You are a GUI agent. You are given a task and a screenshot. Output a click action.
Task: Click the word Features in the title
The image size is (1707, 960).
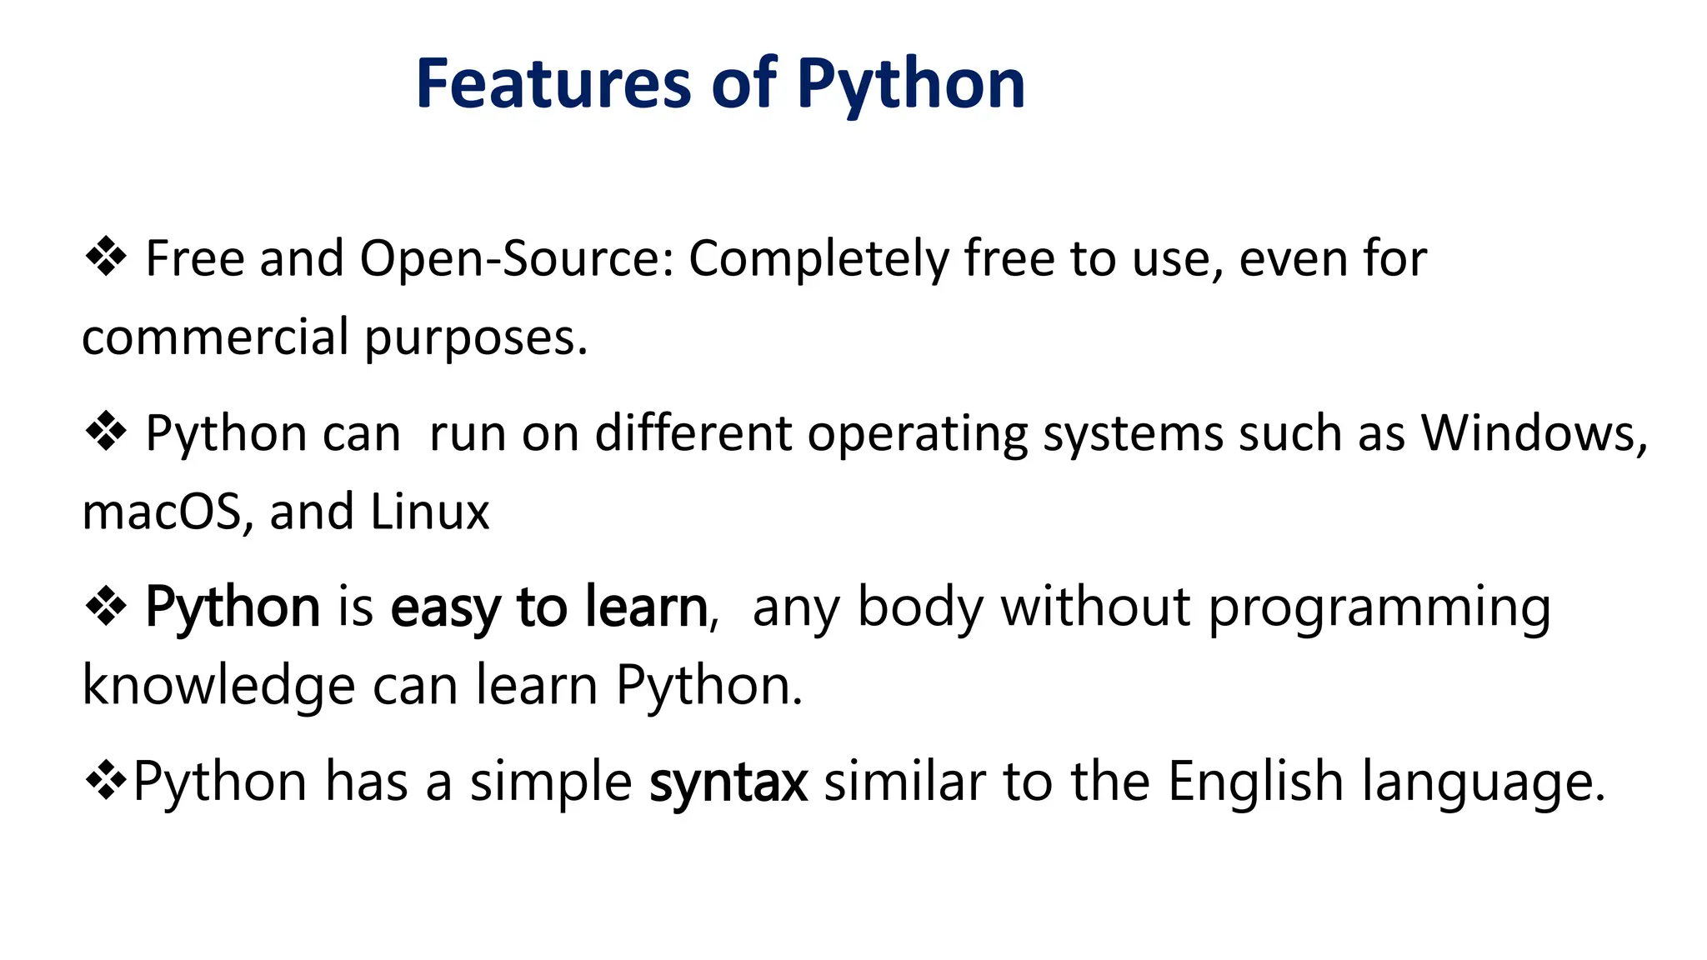553,84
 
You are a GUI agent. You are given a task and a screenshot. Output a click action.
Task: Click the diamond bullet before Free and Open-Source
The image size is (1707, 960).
106,257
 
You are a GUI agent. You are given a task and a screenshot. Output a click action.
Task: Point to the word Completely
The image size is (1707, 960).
818,259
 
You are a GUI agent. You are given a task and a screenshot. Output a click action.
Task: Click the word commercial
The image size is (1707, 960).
215,337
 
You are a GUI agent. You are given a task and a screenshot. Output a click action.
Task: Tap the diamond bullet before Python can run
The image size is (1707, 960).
106,432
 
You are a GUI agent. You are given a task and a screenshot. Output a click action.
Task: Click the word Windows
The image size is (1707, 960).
1533,433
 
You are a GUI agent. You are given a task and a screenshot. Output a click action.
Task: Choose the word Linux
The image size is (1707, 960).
429,512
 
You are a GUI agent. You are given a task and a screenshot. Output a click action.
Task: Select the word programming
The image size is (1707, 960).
1379,608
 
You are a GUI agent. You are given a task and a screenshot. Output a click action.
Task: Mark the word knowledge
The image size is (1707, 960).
219,687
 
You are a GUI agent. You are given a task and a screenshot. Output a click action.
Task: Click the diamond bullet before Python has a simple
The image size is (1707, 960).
106,782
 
